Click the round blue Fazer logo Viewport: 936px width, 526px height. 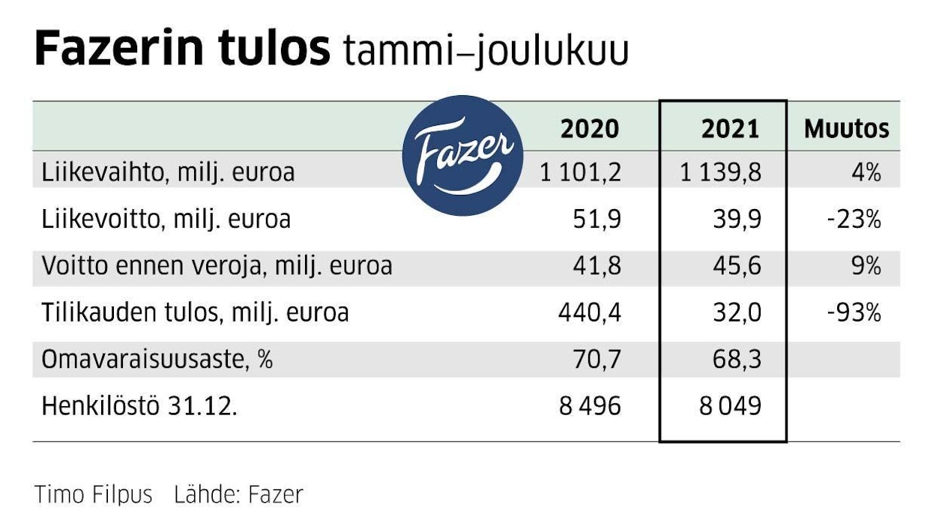462,156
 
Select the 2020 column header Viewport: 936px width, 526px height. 590,129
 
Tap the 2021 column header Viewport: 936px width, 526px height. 730,129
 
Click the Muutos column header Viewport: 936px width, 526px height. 846,129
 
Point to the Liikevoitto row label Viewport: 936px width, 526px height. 166,220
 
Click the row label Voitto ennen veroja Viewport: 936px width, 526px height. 217,267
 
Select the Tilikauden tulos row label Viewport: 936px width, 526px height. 195,312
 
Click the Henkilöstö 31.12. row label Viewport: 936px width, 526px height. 139,406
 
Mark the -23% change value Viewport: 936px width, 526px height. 854,220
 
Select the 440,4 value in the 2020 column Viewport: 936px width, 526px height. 589,312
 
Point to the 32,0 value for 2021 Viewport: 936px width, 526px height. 737,312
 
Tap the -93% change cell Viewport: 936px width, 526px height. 854,312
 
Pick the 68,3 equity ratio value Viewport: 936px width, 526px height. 737,360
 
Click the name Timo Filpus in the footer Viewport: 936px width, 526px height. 93,495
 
